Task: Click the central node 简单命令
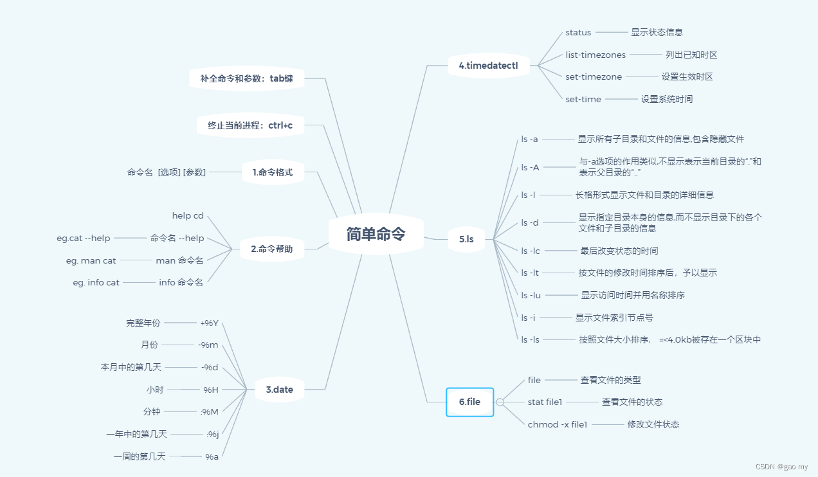point(376,234)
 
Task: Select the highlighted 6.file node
point(469,402)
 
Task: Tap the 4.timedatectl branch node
point(488,66)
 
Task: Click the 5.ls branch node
point(466,239)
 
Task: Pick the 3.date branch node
point(279,389)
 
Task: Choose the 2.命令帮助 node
point(272,249)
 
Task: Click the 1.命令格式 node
point(273,172)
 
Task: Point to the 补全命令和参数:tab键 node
point(246,78)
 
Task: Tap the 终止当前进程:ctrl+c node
point(250,125)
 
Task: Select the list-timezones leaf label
point(595,55)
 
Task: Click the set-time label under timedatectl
point(583,99)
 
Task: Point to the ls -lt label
point(530,273)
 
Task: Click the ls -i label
point(528,318)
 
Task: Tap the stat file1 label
point(545,402)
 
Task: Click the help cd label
point(188,216)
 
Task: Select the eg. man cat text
point(91,260)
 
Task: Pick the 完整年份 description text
point(143,323)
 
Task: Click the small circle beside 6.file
point(500,402)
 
